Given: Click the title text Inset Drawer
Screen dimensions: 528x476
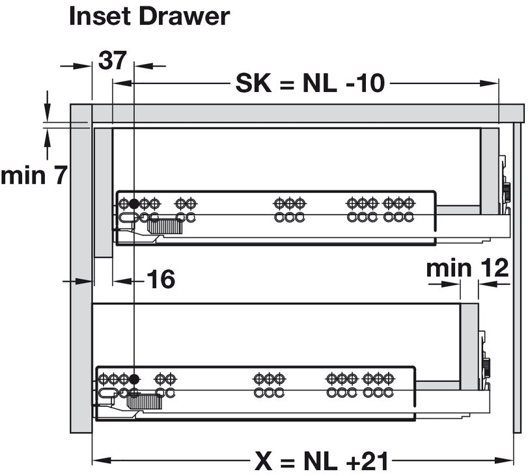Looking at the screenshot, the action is pyautogui.click(x=149, y=16).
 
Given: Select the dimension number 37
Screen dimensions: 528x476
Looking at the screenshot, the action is pyautogui.click(x=113, y=60).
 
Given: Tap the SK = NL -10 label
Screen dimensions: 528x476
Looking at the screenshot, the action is pyautogui.click(x=310, y=83).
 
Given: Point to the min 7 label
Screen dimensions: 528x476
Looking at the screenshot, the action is pyautogui.click(x=34, y=175).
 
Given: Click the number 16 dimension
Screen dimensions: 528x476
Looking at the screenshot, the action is pyautogui.click(x=161, y=279).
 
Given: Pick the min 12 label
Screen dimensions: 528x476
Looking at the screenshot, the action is pyautogui.click(x=467, y=268).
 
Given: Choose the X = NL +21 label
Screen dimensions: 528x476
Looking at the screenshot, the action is pyautogui.click(x=321, y=461).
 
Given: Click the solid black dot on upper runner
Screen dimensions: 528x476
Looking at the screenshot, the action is pyautogui.click(x=133, y=203).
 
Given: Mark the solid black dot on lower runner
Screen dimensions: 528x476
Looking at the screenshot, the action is pyautogui.click(x=134, y=379).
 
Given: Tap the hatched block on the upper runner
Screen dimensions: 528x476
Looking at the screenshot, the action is pyautogui.click(x=165, y=227).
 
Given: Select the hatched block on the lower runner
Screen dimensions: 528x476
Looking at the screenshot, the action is pyautogui.click(x=145, y=402).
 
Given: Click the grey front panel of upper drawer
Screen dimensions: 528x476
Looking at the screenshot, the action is pyautogui.click(x=104, y=192).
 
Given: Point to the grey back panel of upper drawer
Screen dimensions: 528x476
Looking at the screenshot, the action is pyautogui.click(x=490, y=171).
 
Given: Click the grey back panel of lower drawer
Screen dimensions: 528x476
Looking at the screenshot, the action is pyautogui.click(x=469, y=347).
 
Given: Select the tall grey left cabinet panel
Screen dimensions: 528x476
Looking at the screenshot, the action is pyautogui.click(x=81, y=269).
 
